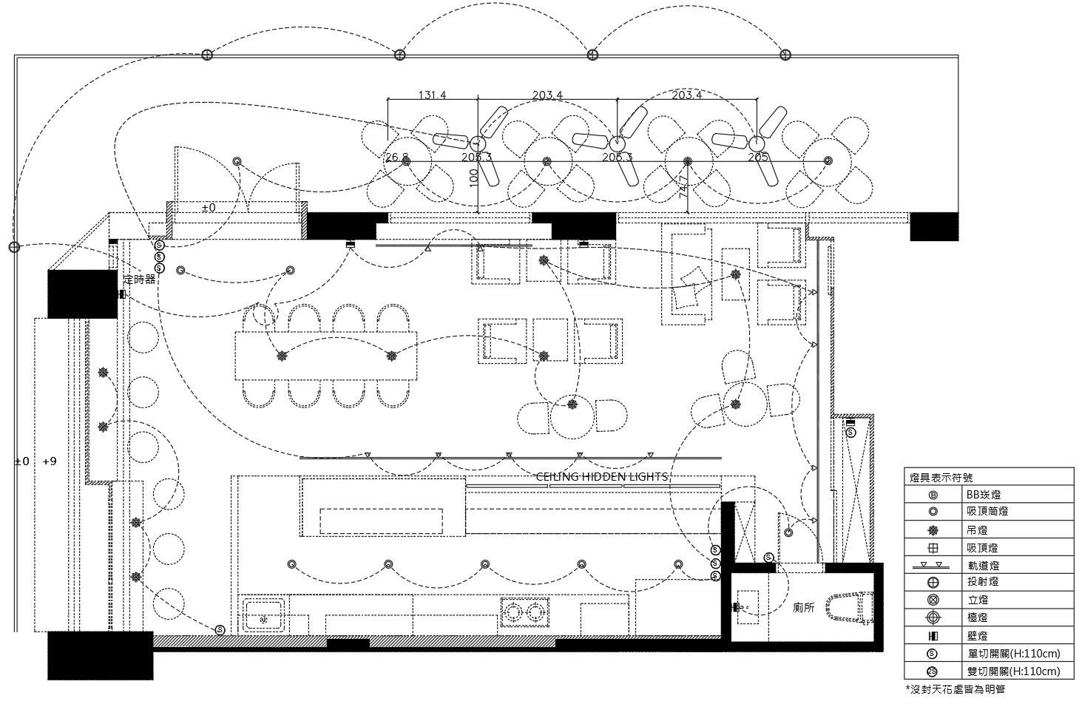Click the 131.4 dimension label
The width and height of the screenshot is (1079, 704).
[x=433, y=95]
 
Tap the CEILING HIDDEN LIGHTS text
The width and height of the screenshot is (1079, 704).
[x=601, y=477]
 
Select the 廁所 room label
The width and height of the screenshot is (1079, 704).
[x=804, y=607]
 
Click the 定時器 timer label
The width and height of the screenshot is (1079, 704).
[x=140, y=280]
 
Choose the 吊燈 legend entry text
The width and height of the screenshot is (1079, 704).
[x=977, y=530]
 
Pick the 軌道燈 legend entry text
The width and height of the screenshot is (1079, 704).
[x=983, y=566]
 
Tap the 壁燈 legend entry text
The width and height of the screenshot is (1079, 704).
[x=977, y=635]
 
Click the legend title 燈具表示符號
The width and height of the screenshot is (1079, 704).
[x=941, y=478]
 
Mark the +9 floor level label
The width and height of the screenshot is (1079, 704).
[x=50, y=461]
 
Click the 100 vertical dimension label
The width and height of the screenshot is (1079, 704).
[x=474, y=177]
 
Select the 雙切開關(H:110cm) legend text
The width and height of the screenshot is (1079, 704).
[x=1013, y=671]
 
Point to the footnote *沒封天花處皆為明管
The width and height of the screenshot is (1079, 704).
[x=955, y=689]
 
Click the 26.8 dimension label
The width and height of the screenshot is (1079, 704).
[x=396, y=158]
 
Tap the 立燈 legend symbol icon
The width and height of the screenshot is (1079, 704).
[x=933, y=600]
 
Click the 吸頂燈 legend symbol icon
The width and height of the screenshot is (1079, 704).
[x=933, y=548]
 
